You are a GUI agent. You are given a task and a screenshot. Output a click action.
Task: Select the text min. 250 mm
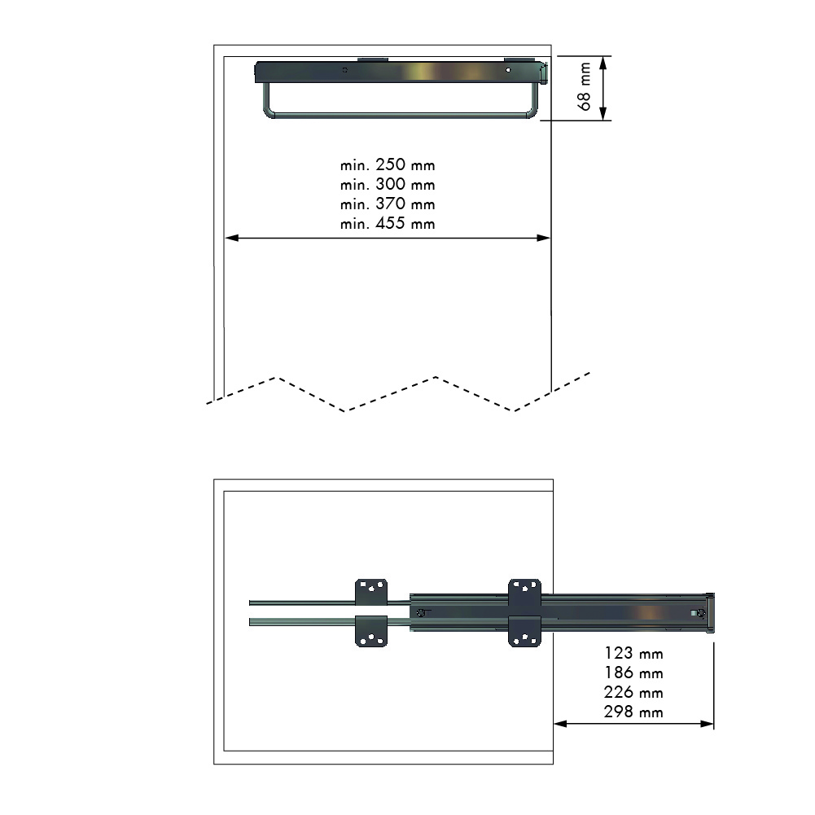[388, 165]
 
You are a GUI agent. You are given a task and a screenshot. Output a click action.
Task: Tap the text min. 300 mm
[388, 185]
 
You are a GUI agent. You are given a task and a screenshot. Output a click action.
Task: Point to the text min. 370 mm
[388, 204]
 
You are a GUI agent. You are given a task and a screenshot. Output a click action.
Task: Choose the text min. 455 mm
[388, 224]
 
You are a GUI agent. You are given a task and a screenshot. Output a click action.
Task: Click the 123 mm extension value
[633, 653]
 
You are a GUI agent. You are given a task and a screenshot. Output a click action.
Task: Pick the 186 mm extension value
[633, 673]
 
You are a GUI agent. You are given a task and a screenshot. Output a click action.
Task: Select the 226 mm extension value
[633, 692]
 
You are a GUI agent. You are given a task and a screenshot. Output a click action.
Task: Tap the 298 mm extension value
[633, 712]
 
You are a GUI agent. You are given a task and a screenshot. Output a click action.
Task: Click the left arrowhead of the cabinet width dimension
[230, 238]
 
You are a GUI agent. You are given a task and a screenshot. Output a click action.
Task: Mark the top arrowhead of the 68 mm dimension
[603, 61]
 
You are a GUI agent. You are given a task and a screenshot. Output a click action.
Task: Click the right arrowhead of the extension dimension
[708, 723]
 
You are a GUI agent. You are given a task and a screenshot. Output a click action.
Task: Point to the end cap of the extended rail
[712, 612]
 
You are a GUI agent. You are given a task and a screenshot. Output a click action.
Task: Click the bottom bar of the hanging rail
[399, 116]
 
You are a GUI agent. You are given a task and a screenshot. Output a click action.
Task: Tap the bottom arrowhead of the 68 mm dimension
[603, 115]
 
